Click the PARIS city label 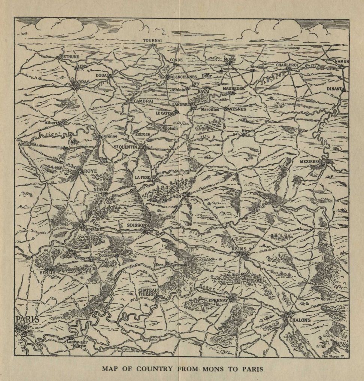[28, 320]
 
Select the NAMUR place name [342, 61]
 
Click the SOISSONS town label [139, 225]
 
